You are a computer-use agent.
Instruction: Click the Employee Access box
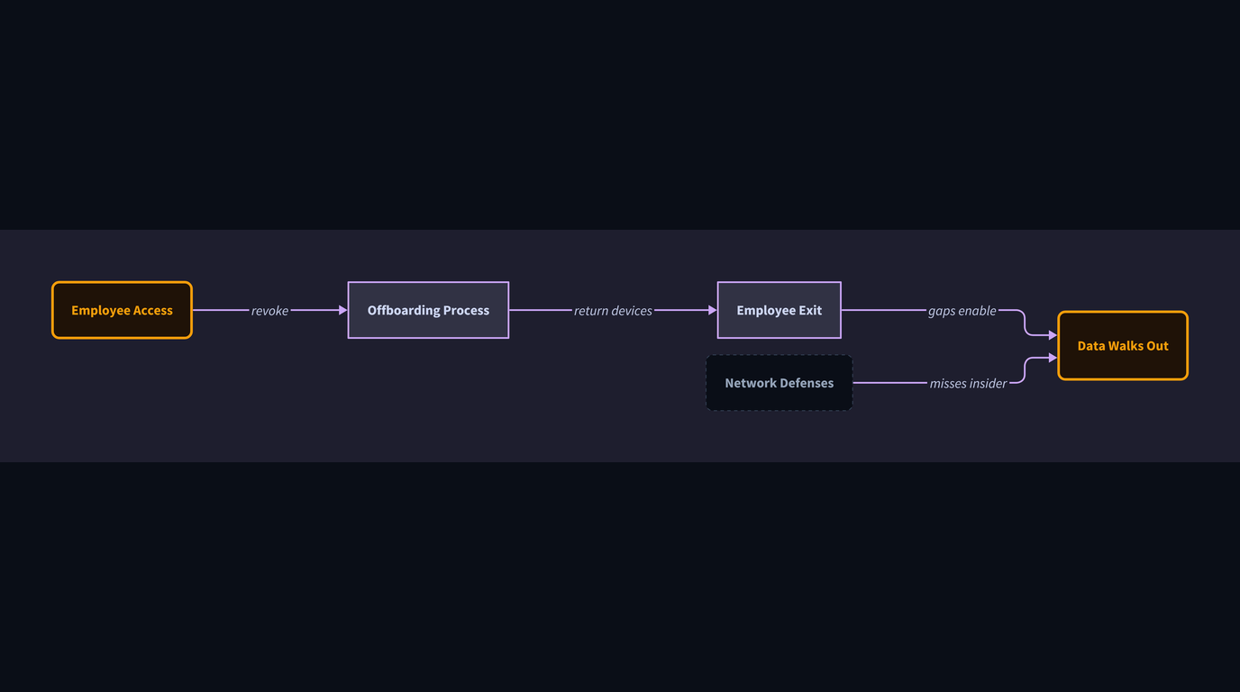(x=122, y=310)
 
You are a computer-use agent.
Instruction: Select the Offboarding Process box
(x=428, y=310)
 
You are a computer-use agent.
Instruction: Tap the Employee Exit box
(x=779, y=310)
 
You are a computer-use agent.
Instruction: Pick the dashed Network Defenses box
(x=779, y=383)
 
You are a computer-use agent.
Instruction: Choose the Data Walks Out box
(x=1123, y=345)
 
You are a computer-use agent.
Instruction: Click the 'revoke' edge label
(x=269, y=311)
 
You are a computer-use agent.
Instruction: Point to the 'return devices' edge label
(x=613, y=311)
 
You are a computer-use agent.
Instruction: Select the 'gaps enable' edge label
(x=962, y=311)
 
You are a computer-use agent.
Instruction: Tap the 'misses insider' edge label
(x=968, y=383)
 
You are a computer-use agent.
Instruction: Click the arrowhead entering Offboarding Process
(x=342, y=310)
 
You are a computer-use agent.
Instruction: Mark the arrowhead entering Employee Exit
(x=713, y=310)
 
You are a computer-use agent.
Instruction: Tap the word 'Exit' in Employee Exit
(x=810, y=310)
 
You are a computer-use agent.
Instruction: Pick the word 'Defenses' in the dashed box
(x=807, y=383)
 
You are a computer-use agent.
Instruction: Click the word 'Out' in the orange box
(x=1157, y=345)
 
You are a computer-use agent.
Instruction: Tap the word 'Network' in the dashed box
(x=751, y=383)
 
